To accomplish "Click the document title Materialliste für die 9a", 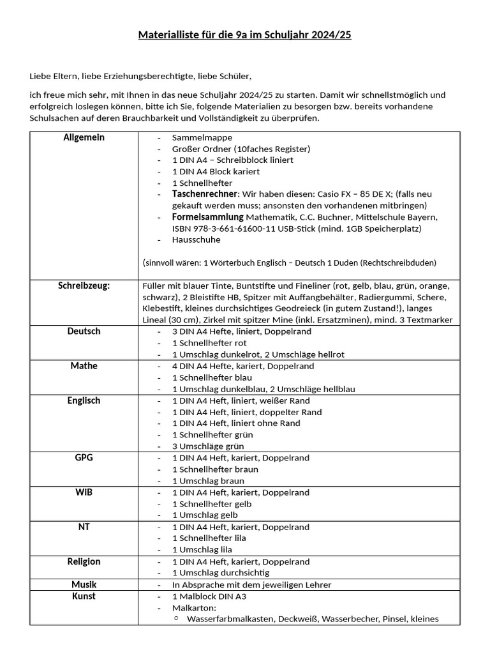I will point(245,34).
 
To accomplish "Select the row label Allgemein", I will point(84,138).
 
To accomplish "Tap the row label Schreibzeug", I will point(84,285).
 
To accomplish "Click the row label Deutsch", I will point(84,331).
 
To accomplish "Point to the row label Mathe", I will point(84,366).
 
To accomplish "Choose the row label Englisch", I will point(84,400).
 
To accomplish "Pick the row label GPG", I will point(84,458).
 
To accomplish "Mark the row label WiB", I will point(84,492).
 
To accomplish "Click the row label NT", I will point(84,527).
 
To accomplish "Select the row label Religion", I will point(84,561).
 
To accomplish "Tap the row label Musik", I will point(84,584).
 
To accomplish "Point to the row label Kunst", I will point(84,596).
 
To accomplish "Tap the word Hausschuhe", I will point(196,240).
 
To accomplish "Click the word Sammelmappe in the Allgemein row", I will point(202,137).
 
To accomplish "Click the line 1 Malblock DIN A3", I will point(209,597).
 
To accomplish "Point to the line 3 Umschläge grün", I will point(208,446).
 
